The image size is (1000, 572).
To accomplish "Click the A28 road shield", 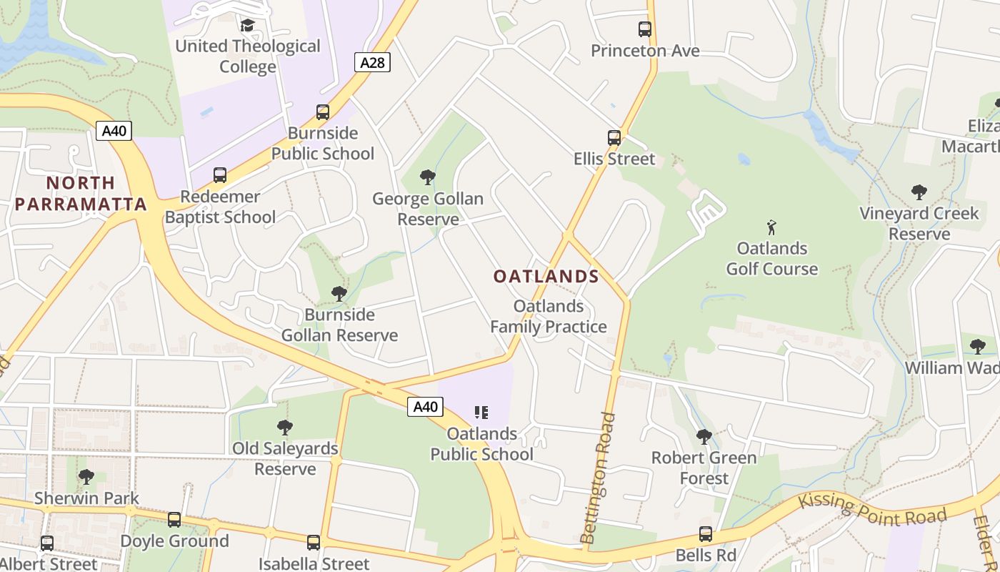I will pos(372,62).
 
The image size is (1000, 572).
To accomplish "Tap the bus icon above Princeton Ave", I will pos(645,29).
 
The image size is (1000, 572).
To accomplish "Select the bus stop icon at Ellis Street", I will pos(614,138).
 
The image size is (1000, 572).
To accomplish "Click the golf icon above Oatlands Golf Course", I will pos(771,228).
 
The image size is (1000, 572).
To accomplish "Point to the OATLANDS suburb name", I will pos(546,276).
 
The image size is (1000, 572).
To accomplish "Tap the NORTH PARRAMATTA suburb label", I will pos(81,194).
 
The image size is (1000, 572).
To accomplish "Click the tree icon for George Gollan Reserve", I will pos(428,177).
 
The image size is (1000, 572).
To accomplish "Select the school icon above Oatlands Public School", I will pos(481,413).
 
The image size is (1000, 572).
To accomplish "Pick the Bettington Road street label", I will pos(599,478).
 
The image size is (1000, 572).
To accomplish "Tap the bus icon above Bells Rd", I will pos(705,534).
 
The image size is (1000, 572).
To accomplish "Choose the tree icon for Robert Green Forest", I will pos(704,436).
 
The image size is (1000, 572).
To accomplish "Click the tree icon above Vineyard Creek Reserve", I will pos(919,192).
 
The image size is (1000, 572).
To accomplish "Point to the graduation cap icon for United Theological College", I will pos(247,26).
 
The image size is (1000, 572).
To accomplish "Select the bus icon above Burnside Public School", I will pos(323,112).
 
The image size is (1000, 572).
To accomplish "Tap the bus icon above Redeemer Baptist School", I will pos(220,175).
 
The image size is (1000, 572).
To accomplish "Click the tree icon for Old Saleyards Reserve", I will pos(285,428).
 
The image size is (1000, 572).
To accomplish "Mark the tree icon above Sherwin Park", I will pos(86,476).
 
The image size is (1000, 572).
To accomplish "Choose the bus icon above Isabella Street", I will pos(314,543).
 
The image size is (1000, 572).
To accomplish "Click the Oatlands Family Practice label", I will pos(549,317).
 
